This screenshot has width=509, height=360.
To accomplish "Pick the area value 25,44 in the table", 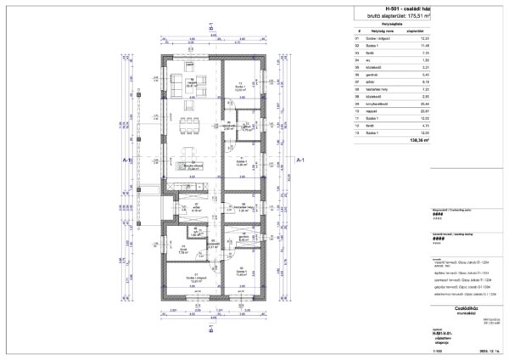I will (416, 99).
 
